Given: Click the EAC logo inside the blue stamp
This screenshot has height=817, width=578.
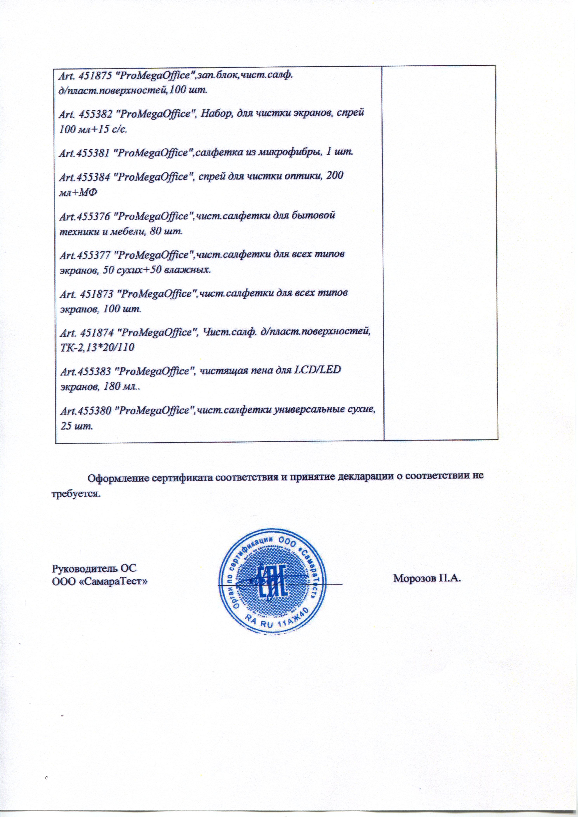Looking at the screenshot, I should [x=270, y=582].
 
